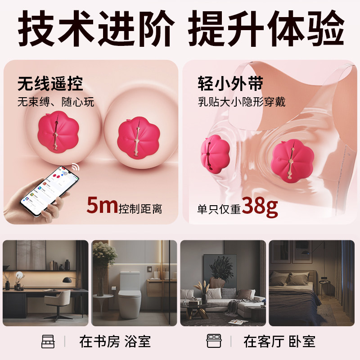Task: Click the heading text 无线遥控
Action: pos(50,84)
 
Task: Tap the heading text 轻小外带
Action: pos(230,84)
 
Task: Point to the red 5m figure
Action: pos(102,205)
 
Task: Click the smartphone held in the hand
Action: pos(49,190)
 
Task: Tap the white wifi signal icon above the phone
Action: pos(75,166)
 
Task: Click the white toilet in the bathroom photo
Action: pos(129,295)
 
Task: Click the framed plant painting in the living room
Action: pos(220,271)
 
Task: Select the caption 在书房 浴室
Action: pos(115,342)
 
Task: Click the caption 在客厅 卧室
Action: pos(279,342)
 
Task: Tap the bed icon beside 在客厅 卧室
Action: pos(214,341)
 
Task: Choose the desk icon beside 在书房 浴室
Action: pos(48,342)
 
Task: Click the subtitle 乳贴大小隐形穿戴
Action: pos(242,102)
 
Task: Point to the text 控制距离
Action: pos(140,209)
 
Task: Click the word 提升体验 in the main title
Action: pos(266,28)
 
